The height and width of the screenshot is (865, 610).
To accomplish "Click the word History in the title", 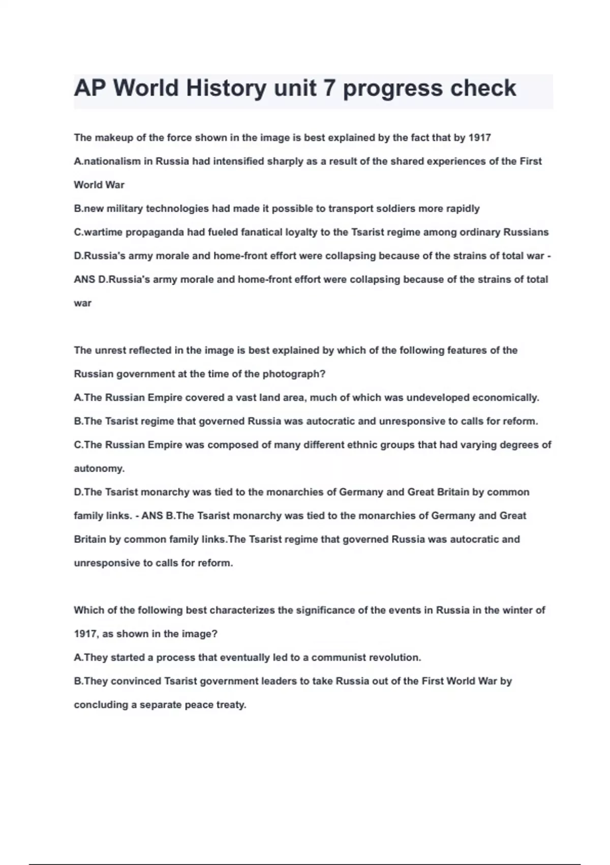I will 225,89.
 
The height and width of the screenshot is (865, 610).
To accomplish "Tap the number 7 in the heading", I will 329,89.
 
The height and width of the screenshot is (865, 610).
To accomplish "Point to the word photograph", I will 294,374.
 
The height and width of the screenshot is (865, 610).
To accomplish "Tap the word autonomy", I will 99,469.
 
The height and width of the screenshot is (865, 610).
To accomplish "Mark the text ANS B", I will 158,515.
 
